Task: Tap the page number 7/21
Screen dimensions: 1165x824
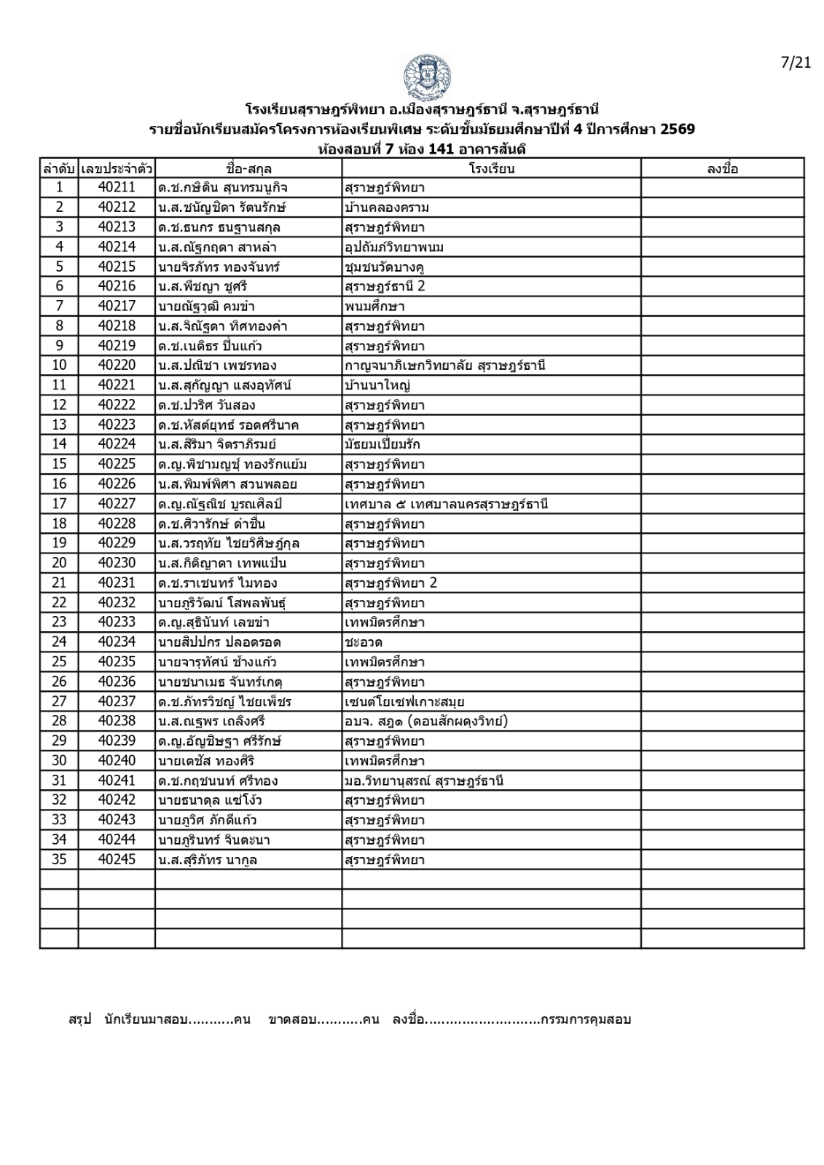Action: (x=795, y=63)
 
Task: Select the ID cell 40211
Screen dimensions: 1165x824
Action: (x=117, y=188)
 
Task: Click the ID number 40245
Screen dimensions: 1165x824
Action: (x=117, y=860)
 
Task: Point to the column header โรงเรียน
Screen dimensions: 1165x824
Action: (x=491, y=169)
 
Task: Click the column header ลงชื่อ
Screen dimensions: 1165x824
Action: (x=722, y=169)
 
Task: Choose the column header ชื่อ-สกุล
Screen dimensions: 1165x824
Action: (x=248, y=169)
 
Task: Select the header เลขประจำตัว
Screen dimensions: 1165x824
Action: (x=117, y=169)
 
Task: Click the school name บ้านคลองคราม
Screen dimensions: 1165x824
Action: (x=387, y=208)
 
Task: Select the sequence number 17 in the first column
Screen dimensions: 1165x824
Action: (x=59, y=504)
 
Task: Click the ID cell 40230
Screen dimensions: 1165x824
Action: (x=117, y=563)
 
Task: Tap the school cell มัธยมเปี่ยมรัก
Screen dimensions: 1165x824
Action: (x=382, y=445)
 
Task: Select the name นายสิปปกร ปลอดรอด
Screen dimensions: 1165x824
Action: (x=219, y=642)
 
